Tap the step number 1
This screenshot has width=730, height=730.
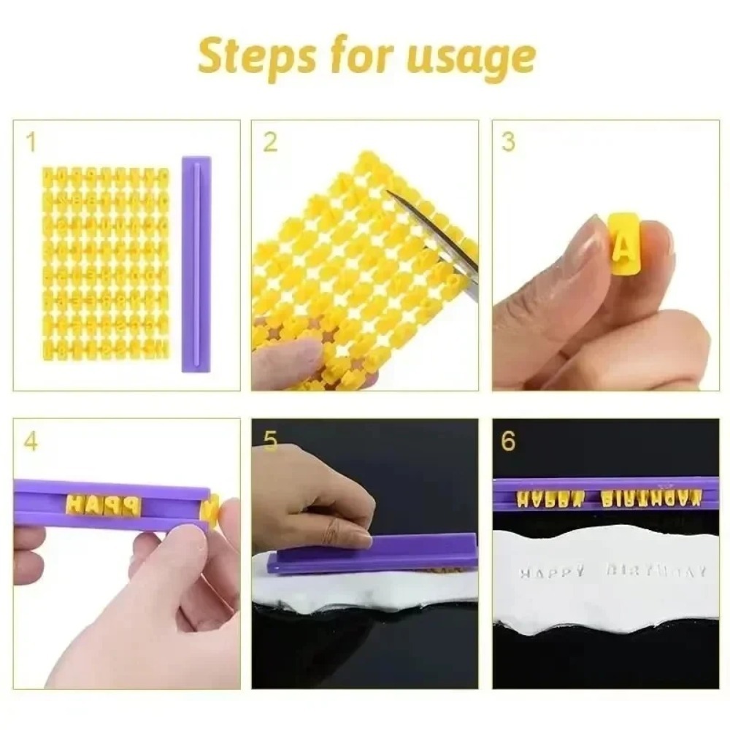pos(30,142)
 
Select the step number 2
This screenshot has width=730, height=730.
pos(270,142)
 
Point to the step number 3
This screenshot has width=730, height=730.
pos(509,142)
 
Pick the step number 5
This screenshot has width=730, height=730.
pos(270,441)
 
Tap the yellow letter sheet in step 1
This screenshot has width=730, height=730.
pos(106,263)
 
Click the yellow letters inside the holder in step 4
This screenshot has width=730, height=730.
pos(102,504)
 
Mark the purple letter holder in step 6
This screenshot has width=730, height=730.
pos(606,494)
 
